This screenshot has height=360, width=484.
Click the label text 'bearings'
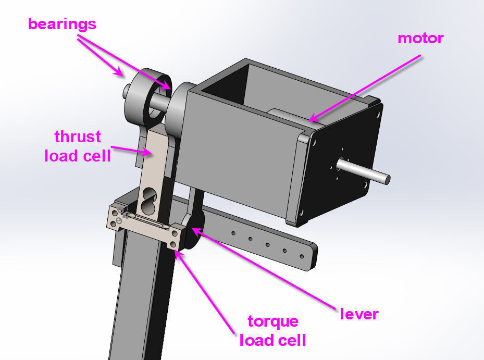pos(62,24)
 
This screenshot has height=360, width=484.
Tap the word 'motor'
pos(420,38)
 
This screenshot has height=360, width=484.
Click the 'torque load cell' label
pos(272,331)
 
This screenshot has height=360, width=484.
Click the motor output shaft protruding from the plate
pos(365,170)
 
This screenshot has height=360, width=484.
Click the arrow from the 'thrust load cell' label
pos(130,151)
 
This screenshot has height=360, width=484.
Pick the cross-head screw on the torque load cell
pos(119,221)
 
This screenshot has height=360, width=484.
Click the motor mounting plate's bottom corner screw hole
pos(301,213)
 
